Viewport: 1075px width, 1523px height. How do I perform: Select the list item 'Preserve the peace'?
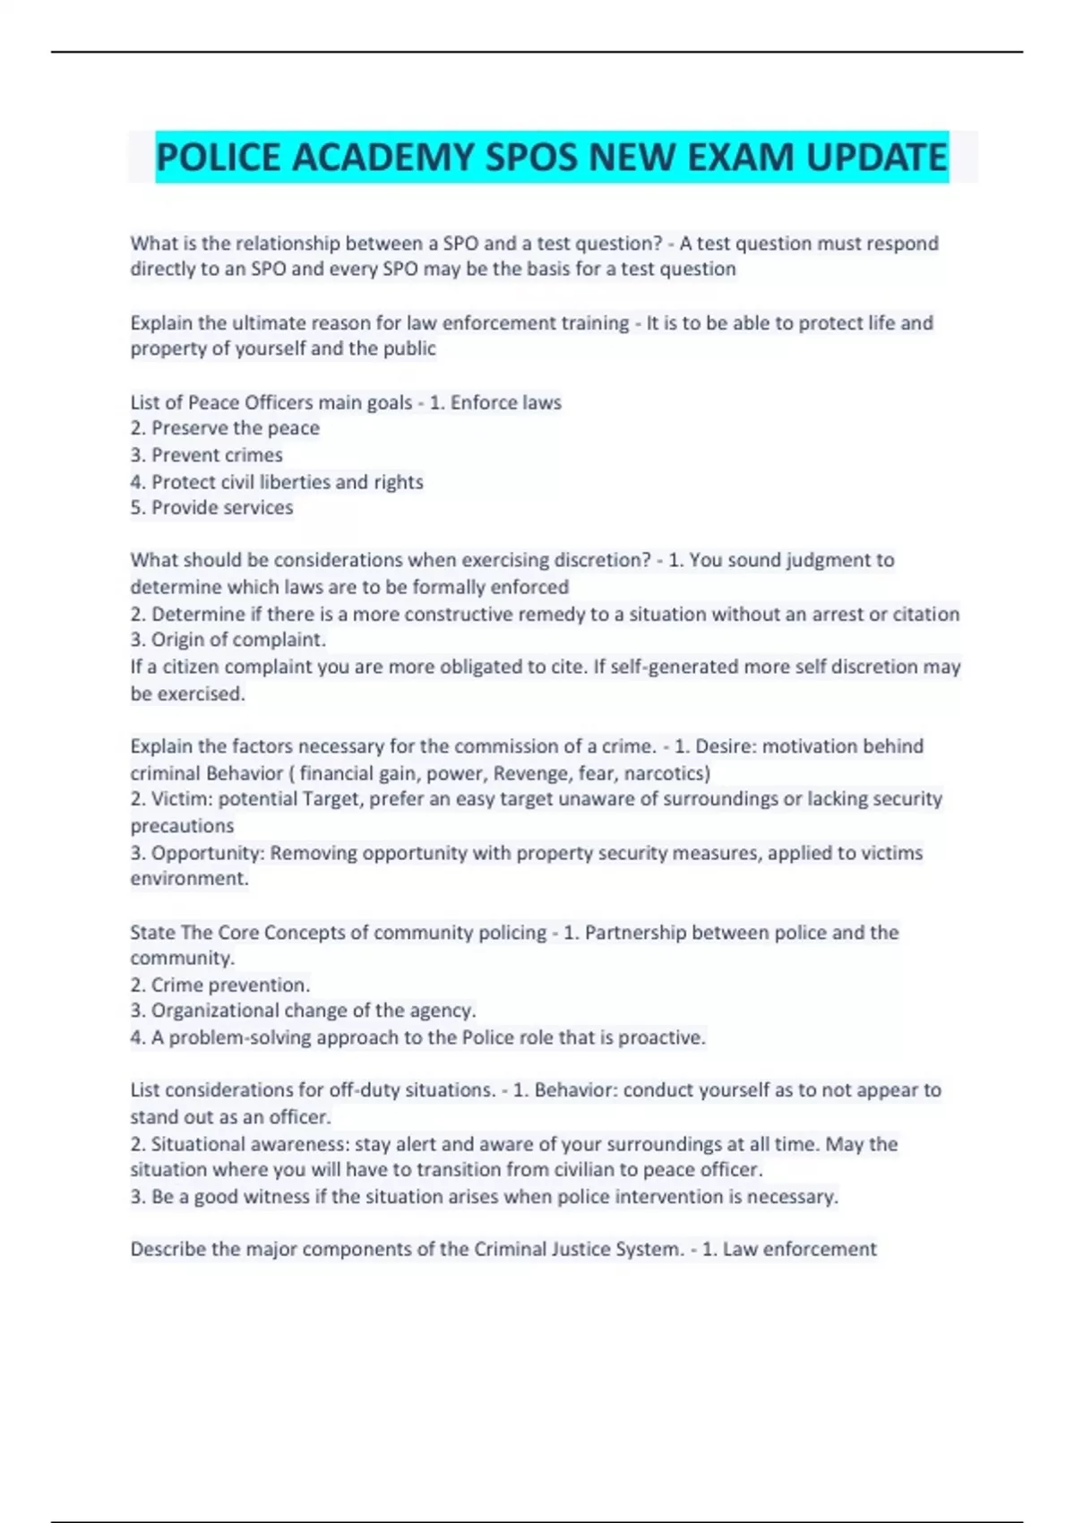pos(235,428)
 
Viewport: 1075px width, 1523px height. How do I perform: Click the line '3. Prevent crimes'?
pos(207,455)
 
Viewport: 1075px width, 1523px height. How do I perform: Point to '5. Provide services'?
pos(212,508)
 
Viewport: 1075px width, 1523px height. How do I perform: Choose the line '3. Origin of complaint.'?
pos(228,640)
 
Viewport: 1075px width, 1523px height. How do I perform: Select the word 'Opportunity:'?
pos(208,853)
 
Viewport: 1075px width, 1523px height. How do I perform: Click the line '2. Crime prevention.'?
pos(220,985)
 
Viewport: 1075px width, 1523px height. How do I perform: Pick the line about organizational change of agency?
pos(303,1011)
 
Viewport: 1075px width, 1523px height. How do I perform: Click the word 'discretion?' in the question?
pos(603,561)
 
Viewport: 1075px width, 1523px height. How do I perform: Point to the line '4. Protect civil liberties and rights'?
pos(277,482)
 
